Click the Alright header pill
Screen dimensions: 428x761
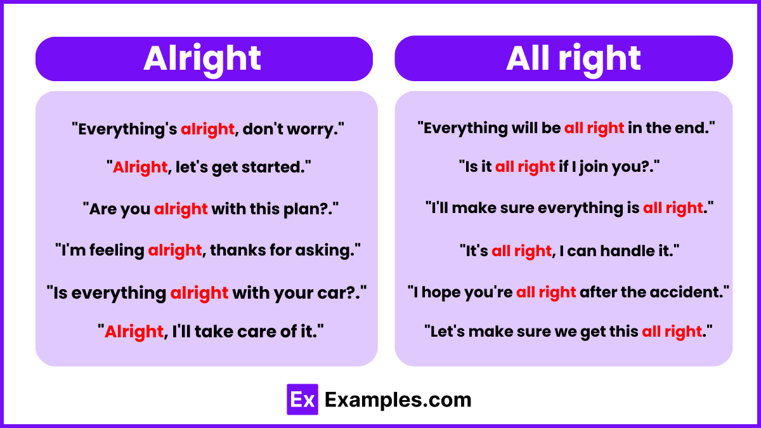coord(203,59)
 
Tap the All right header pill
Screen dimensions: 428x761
coord(563,58)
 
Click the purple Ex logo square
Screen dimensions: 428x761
coord(302,399)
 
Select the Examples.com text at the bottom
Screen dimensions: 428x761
coord(398,400)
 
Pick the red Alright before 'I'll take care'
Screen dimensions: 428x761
coord(134,331)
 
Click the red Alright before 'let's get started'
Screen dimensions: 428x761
coord(140,167)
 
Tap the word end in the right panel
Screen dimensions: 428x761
coord(694,128)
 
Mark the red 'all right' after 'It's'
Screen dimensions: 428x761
coord(521,250)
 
